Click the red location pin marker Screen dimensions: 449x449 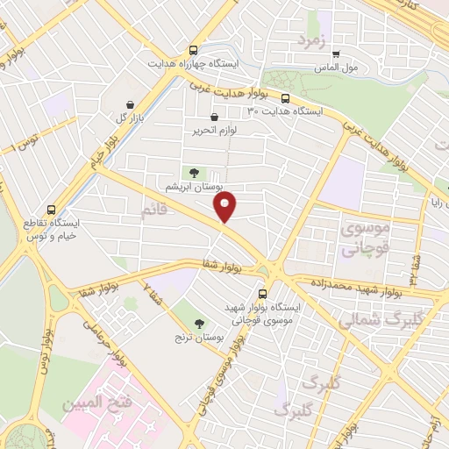pos(226,208)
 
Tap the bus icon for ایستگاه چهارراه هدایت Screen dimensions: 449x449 pos(193,50)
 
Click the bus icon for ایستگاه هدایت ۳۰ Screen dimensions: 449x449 pos(285,97)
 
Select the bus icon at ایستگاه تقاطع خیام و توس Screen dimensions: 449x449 pos(53,210)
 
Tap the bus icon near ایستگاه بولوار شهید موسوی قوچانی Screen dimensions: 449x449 pos(262,294)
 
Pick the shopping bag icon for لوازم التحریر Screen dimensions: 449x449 pos(215,117)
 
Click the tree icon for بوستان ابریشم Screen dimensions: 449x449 pos(193,172)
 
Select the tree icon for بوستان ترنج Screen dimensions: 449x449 pos(198,323)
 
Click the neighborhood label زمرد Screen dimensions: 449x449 pos(311,40)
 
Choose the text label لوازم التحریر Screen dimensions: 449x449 pos(215,132)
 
